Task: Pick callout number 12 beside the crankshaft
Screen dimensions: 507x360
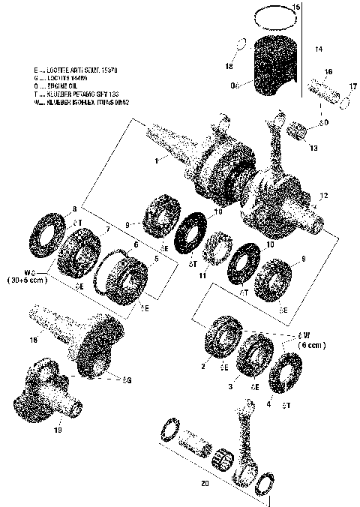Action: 324,196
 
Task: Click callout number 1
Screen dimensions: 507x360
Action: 155,160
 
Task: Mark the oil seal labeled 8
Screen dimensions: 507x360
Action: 46,230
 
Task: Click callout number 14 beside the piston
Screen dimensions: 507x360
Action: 319,49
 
